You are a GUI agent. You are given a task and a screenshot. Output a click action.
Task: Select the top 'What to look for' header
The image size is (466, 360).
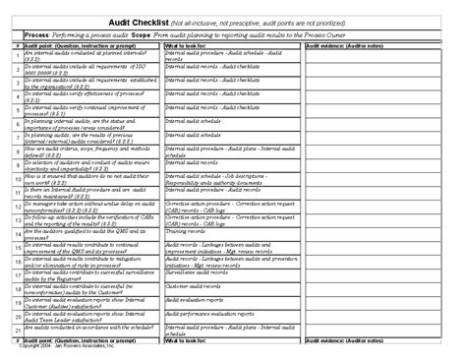[186, 45]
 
